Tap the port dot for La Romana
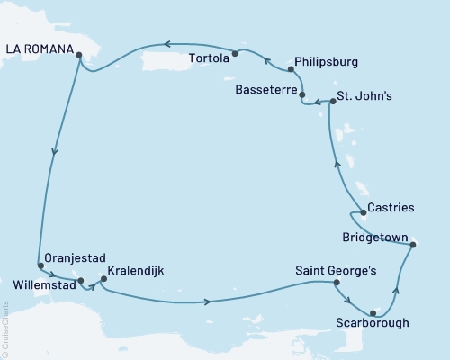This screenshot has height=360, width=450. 79,55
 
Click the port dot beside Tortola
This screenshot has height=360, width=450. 235,53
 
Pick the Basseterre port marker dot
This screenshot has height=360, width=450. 301,94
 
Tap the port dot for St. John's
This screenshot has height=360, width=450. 332,102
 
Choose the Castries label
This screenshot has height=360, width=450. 391,208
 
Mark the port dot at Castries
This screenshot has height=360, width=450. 363,212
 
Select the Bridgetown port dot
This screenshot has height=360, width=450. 412,244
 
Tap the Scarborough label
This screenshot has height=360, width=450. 373,322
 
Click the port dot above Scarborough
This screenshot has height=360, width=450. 373,312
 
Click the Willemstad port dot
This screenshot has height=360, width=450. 82,281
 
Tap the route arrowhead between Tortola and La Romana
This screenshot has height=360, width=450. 166,44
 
